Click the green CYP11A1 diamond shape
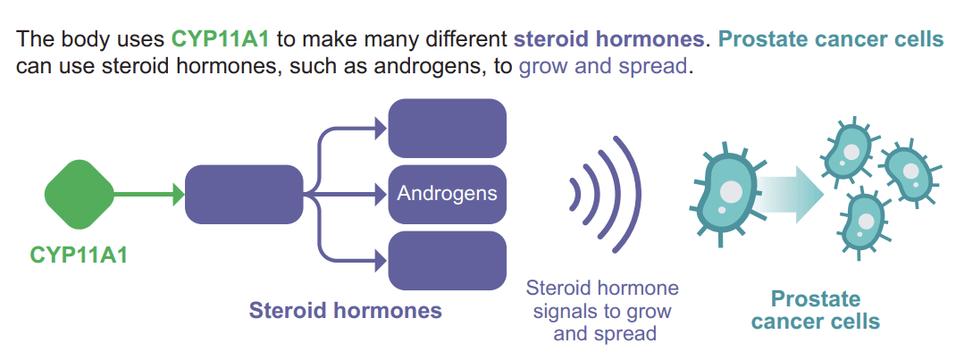coord(80,195)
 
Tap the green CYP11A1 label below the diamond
coord(79,255)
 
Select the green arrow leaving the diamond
coord(150,195)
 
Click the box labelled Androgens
coord(447,194)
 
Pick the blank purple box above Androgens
coord(447,129)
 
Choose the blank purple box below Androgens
coord(447,261)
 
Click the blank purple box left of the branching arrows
coord(244,195)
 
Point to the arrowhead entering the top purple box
coord(381,129)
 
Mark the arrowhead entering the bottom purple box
coord(381,261)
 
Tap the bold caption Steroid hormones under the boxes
coord(345,310)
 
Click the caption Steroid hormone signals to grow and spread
coord(602,311)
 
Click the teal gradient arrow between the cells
coord(789,194)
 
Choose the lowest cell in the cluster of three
coord(865,222)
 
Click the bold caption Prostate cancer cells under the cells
coord(815,310)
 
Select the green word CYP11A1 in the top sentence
coord(220,39)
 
